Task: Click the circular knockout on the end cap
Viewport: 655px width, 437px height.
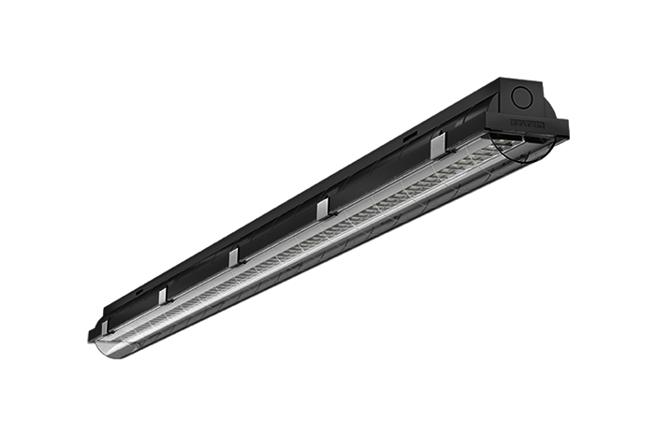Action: tap(525, 96)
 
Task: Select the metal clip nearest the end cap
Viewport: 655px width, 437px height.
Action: tap(436, 148)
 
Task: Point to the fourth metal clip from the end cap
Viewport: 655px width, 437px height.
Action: tap(162, 295)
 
